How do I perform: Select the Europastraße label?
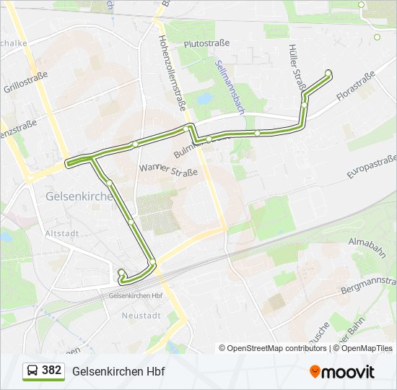point(372,168)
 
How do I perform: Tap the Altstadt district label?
point(62,234)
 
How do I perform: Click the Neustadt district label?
point(141,316)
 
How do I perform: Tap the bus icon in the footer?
point(32,371)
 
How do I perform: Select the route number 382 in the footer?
point(51,370)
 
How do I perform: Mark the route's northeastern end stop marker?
point(328,72)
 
